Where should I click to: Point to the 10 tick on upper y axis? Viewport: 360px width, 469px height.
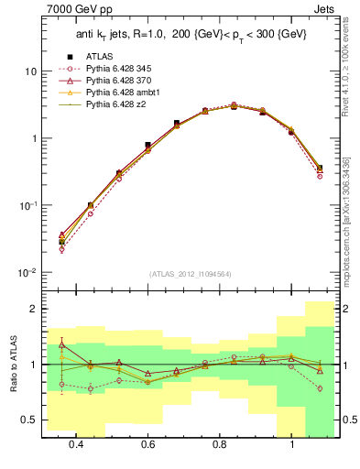click(x=29, y=71)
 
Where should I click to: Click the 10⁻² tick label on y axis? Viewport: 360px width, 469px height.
click(x=27, y=273)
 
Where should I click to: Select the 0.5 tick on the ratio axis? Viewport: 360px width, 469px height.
click(x=28, y=420)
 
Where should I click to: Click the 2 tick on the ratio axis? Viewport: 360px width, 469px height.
click(x=32, y=310)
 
